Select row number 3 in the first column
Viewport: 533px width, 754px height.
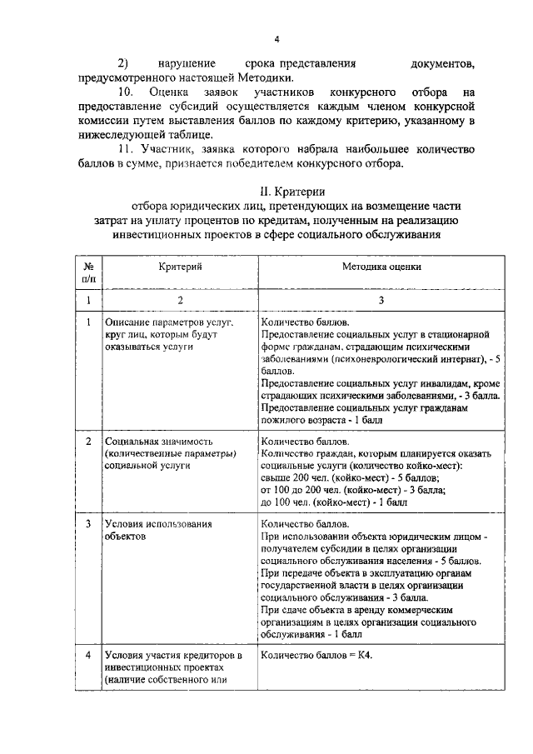point(88,525)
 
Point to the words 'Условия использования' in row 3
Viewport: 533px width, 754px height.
point(157,525)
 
